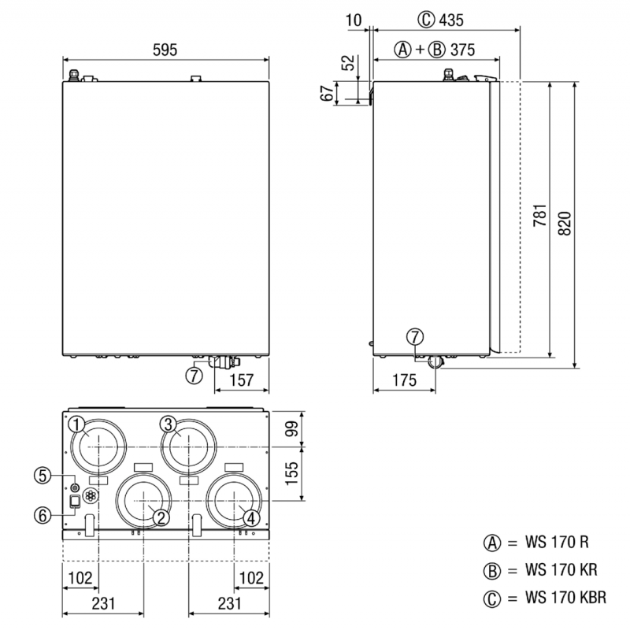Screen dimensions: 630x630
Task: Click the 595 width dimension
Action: click(x=166, y=49)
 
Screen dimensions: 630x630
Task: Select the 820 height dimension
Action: click(x=565, y=224)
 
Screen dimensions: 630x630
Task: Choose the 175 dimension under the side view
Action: click(x=403, y=380)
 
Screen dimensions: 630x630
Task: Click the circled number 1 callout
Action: click(x=76, y=424)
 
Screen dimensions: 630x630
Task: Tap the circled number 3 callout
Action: click(x=167, y=424)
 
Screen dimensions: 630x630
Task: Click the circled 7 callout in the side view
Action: click(x=416, y=337)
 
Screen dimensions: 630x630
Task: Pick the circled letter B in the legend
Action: click(x=493, y=570)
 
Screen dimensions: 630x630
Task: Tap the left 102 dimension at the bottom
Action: click(x=79, y=576)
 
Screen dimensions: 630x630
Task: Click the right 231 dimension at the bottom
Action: click(x=228, y=604)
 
